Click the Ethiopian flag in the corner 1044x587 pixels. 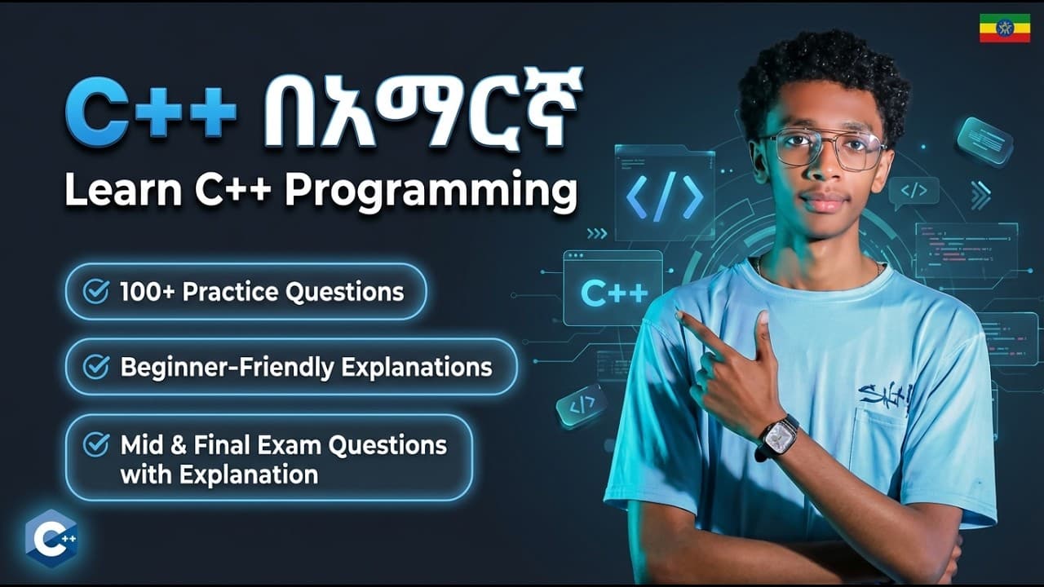pyautogui.click(x=998, y=28)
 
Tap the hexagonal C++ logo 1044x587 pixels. pyautogui.click(x=51, y=539)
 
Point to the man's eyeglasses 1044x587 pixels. pyautogui.click(x=824, y=148)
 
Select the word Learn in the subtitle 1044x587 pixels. pyautogui.click(x=123, y=189)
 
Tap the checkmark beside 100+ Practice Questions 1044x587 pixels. pyautogui.click(x=96, y=292)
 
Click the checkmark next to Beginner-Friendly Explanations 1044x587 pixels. pyautogui.click(x=96, y=366)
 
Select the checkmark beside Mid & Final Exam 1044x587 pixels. pyautogui.click(x=96, y=444)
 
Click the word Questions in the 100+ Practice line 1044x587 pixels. pyautogui.click(x=345, y=293)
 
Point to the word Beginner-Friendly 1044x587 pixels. pyautogui.click(x=228, y=368)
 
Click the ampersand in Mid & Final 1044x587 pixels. pyautogui.click(x=179, y=445)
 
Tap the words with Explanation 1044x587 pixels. pyautogui.click(x=219, y=474)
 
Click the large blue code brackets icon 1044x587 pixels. pyautogui.click(x=665, y=196)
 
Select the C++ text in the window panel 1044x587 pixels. pyautogui.click(x=614, y=293)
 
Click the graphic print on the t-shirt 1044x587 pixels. pyautogui.click(x=885, y=399)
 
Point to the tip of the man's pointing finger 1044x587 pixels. pyautogui.click(x=679, y=315)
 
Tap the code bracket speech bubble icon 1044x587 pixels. pyautogui.click(x=914, y=192)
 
